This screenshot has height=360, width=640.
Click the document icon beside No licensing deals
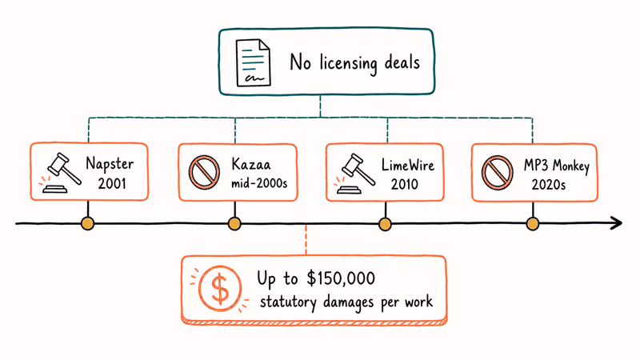(253, 62)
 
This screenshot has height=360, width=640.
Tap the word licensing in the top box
(348, 64)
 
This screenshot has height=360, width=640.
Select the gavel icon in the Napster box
(61, 173)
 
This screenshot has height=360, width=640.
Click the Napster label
(110, 164)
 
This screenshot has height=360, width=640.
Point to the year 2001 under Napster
(112, 184)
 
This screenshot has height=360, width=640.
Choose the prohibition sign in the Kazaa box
(204, 172)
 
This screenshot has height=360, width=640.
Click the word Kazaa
(251, 164)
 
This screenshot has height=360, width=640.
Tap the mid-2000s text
(259, 183)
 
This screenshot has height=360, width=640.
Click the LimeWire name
(408, 166)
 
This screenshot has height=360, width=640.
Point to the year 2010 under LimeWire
(405, 184)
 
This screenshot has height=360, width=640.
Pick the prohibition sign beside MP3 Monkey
(497, 173)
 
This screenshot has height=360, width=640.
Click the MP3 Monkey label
(557, 166)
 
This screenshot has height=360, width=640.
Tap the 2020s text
(549, 185)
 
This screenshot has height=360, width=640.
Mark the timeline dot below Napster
(87, 224)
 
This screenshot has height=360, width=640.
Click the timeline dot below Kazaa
(234, 224)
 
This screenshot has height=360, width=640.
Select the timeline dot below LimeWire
(385, 224)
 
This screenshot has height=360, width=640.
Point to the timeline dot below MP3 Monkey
(532, 224)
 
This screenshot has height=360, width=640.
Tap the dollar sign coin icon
(220, 289)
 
